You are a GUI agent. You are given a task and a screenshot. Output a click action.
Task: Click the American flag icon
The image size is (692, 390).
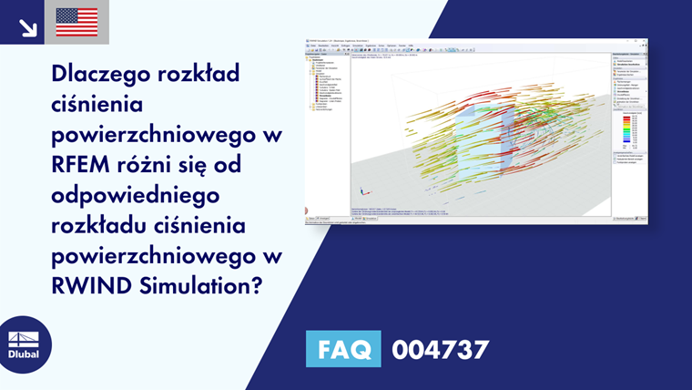76,22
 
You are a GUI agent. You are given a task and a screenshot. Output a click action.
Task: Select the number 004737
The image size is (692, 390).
440,350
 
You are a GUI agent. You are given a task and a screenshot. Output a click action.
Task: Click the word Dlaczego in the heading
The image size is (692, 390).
101,73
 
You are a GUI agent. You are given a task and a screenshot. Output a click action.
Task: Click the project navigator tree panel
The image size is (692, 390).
327,128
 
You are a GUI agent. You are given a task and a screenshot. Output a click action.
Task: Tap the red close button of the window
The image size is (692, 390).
646,43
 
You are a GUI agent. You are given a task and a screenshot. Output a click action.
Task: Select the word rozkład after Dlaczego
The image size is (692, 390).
199,73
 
